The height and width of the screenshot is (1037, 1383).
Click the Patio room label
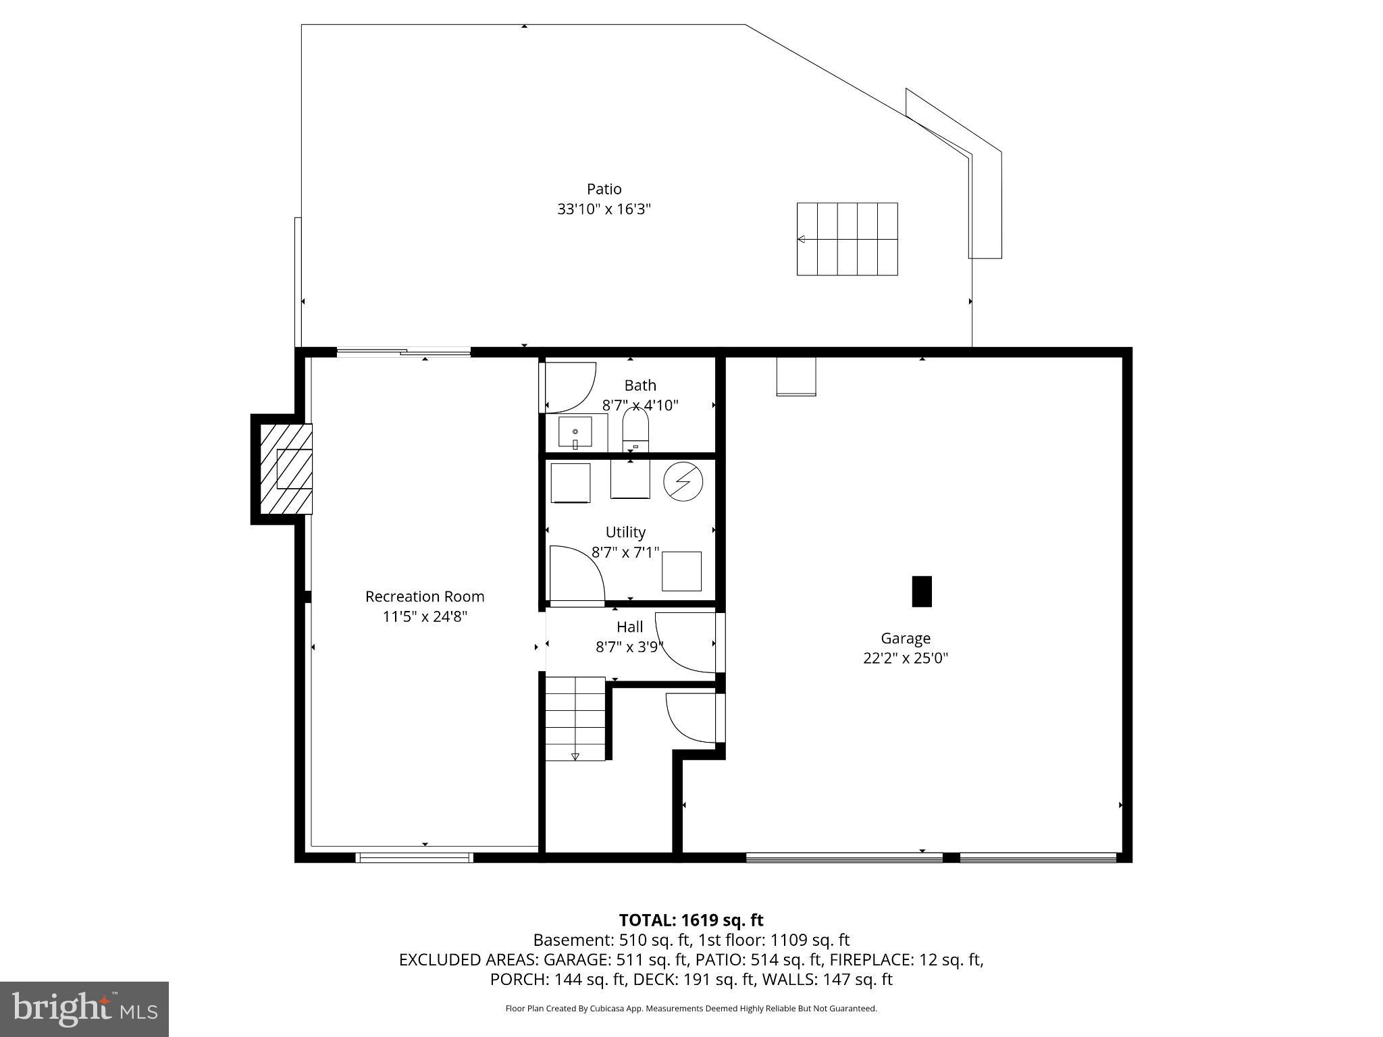[604, 189]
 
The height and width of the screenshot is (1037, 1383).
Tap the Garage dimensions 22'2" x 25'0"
[906, 658]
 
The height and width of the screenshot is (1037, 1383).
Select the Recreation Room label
[425, 597]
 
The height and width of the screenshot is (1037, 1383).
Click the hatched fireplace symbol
[286, 469]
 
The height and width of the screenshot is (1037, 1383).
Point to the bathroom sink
[575, 432]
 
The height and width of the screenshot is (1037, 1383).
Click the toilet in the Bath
[635, 431]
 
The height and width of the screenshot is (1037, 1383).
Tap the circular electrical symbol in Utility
[683, 482]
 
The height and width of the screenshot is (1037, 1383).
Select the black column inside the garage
[922, 591]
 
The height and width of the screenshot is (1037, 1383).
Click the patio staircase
[847, 239]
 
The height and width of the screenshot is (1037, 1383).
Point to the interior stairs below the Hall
[575, 718]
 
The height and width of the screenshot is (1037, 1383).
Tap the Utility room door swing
[576, 573]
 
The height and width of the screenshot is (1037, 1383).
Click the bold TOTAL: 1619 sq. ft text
[691, 920]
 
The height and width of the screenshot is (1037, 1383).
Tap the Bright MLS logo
[84, 1009]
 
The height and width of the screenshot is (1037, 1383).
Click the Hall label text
[629, 627]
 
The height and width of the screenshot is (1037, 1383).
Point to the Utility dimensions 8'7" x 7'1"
[625, 553]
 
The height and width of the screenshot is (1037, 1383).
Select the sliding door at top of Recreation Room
[403, 352]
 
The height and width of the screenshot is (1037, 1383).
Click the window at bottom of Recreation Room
[414, 857]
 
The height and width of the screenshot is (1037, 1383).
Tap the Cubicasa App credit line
[691, 1009]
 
